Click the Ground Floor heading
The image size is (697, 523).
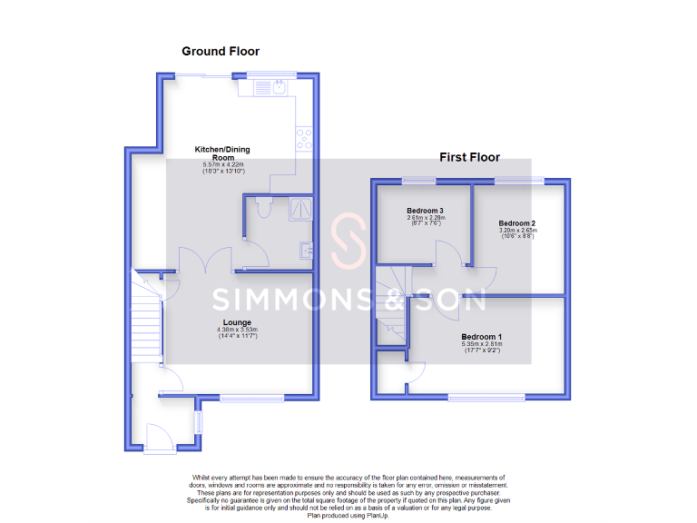[x=221, y=52]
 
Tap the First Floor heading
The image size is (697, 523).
[x=469, y=157]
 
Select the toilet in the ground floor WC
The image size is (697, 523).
[x=261, y=208]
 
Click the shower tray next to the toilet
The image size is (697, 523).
[x=299, y=209]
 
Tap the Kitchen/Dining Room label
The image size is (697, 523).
[x=222, y=153]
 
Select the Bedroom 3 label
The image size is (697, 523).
[x=425, y=210]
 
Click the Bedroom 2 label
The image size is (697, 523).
[x=516, y=223]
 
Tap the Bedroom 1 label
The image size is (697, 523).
[x=481, y=337]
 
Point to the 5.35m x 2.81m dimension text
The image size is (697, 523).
[x=481, y=345]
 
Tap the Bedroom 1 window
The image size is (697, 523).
[x=486, y=397]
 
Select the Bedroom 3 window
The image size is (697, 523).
[x=418, y=180]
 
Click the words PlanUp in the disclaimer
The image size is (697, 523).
[x=375, y=516]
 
